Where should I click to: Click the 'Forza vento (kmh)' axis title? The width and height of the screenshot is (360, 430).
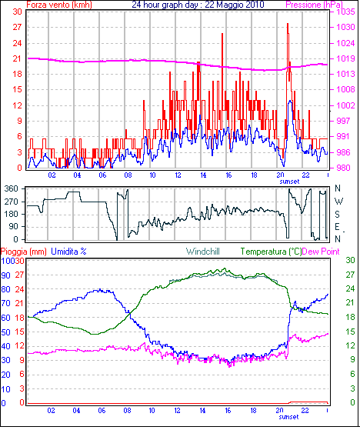pos(59,5)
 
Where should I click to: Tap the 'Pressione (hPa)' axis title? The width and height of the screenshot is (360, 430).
pos(314,5)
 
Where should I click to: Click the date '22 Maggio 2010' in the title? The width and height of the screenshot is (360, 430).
pos(235,5)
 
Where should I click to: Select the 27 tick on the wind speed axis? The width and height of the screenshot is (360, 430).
pos(17,27)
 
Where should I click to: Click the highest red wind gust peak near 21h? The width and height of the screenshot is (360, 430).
pos(288,24)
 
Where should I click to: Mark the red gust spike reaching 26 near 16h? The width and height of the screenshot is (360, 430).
pos(222,34)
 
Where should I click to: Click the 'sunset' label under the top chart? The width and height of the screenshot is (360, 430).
pos(289,182)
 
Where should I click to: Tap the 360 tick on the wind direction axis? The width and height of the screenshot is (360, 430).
pos(12,188)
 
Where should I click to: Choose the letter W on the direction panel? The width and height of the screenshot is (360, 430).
pos(338,202)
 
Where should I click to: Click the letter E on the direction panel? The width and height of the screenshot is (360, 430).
pos(337,227)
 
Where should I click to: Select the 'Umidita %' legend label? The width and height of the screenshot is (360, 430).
pos(68,252)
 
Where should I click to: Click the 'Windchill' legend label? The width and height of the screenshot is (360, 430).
pos(202,252)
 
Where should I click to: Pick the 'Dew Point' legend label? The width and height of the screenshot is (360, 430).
pos(321,252)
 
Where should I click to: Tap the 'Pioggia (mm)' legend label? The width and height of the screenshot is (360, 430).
pos(24,252)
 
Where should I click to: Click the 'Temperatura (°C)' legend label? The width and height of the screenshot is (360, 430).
pos(271,252)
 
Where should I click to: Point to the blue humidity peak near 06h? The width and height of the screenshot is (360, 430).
pos(100,289)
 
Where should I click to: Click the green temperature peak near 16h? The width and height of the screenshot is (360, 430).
pos(225,268)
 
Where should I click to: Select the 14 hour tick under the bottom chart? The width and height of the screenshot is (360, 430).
pos(202,410)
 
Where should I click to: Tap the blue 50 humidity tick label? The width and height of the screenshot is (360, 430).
pos(5,332)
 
